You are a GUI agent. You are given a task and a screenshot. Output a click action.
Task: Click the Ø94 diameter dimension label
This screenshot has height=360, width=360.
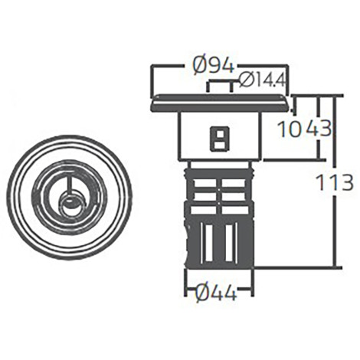tap(213, 67)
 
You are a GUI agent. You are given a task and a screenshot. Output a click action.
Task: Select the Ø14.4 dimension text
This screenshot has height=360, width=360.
tap(262, 81)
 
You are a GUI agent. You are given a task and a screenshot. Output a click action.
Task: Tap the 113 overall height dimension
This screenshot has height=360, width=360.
tap(334, 182)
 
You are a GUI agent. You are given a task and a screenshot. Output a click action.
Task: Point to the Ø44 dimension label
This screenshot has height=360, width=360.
tap(216, 292)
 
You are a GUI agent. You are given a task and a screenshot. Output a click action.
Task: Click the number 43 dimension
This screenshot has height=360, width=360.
tap(319, 129)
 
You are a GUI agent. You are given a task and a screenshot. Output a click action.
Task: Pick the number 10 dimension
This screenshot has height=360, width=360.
tap(288, 129)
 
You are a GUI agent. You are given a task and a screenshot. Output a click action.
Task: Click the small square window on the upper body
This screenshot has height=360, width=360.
tap(219, 139)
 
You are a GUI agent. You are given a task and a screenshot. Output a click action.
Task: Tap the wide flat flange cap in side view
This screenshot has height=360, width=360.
tap(220, 103)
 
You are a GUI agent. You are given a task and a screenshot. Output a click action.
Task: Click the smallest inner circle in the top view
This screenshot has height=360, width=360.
tap(70, 205)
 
